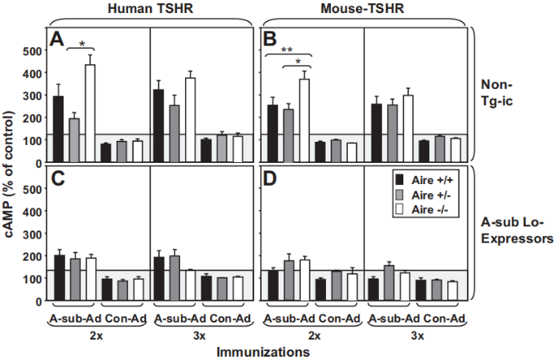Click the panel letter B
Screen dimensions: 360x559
268,38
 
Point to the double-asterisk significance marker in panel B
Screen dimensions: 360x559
288,50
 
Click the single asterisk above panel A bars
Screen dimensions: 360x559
82,43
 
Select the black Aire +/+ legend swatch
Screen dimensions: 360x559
399,179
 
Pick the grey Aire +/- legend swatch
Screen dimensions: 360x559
399,195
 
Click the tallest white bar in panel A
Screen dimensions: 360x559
90,113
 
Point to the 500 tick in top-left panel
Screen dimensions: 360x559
30,51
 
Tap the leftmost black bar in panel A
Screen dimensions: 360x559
59,129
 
